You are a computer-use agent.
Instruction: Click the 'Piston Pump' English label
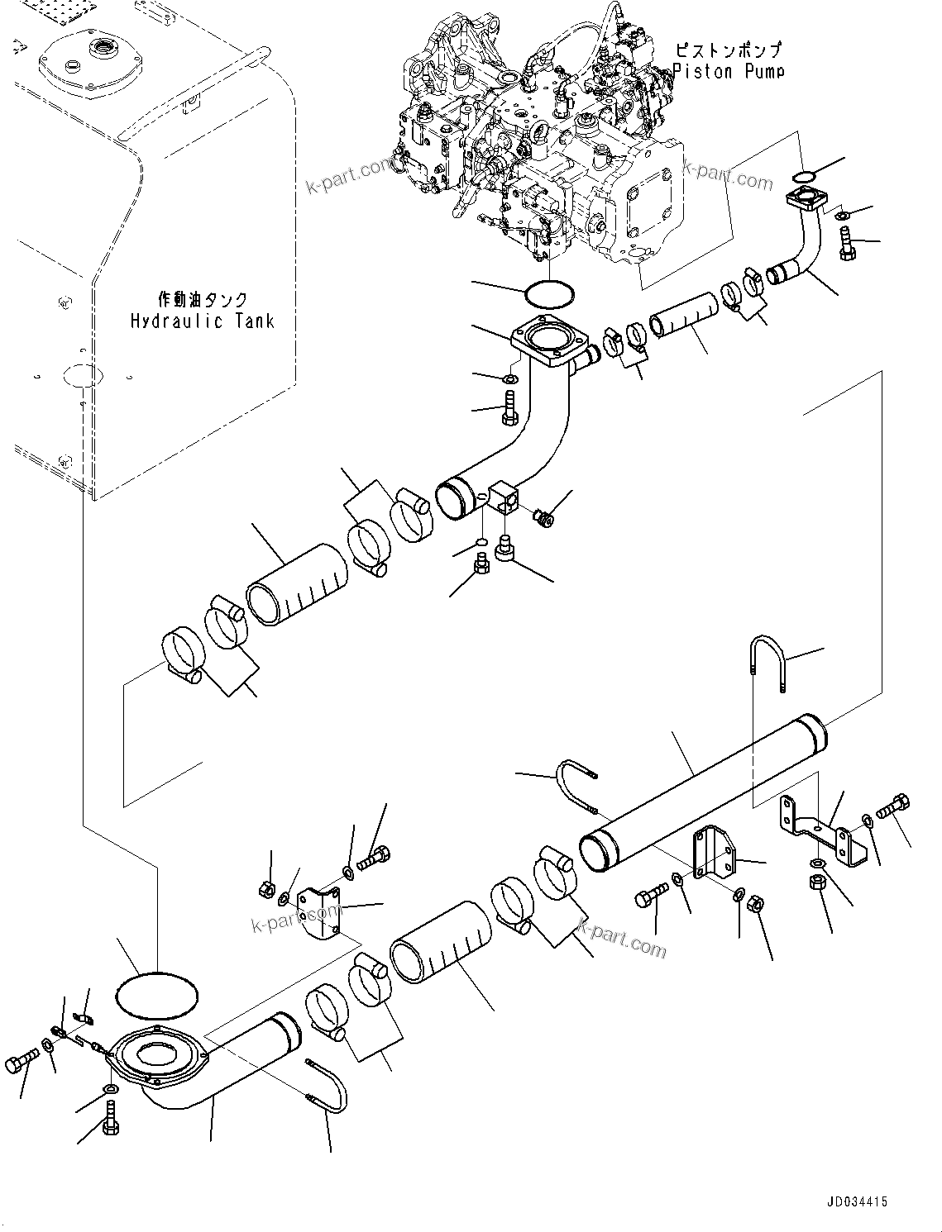(728, 71)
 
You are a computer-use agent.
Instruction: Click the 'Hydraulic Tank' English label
(202, 321)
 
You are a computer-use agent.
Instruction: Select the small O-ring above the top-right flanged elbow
(803, 175)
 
